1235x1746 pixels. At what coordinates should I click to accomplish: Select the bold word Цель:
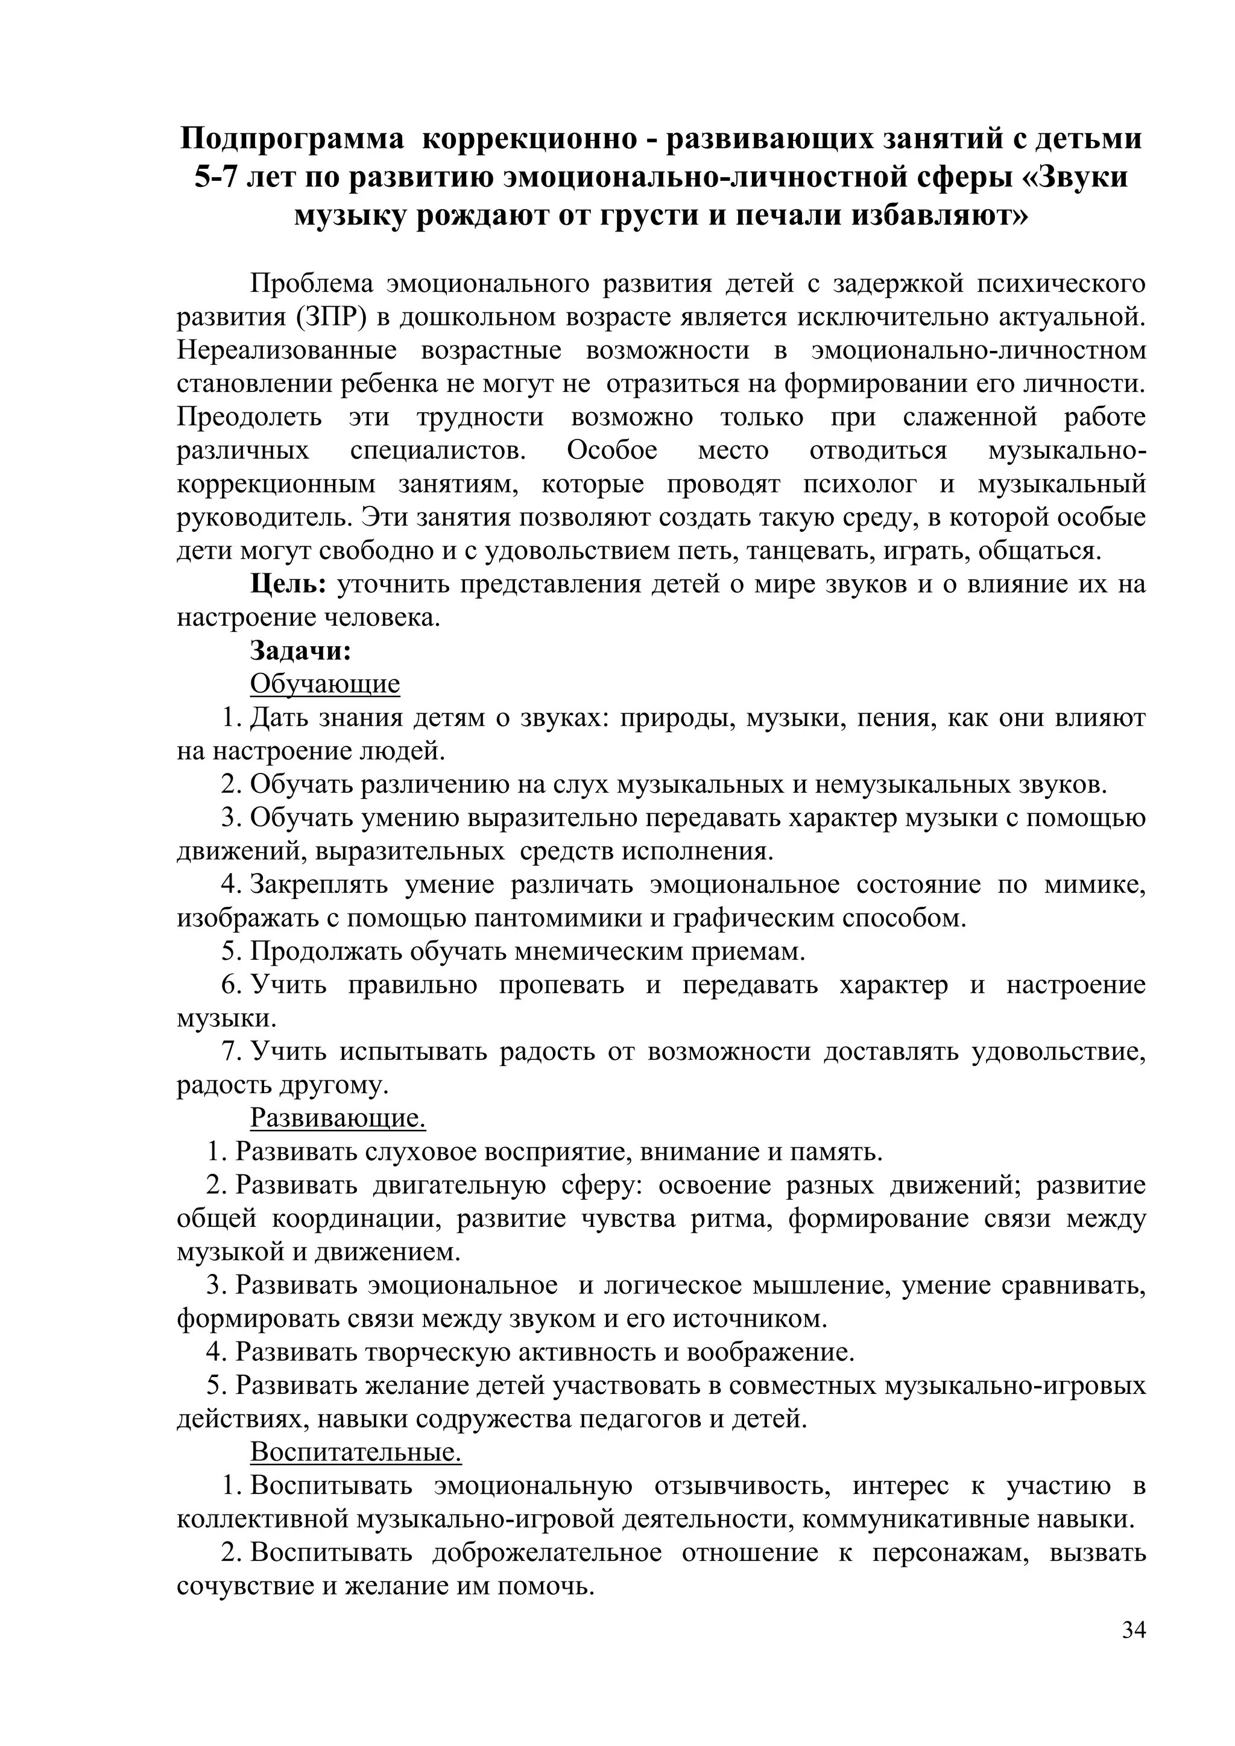coord(289,584)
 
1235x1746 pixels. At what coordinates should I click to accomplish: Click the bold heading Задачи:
coord(300,651)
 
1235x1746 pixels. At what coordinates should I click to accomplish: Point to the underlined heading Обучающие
coord(324,684)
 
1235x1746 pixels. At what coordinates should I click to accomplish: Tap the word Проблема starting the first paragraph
coord(312,283)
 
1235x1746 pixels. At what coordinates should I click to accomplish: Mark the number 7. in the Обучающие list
coord(232,1051)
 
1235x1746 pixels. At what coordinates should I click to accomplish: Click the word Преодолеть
coord(250,417)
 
